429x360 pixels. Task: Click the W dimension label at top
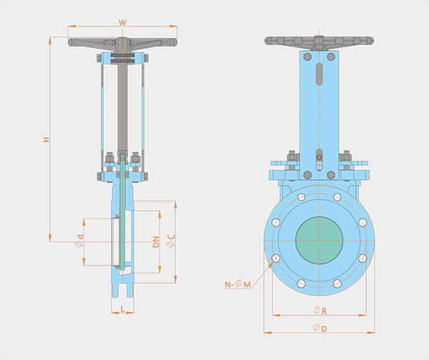pyautogui.click(x=122, y=22)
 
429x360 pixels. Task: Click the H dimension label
pyautogui.click(x=46, y=139)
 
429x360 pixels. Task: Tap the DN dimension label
pyautogui.click(x=156, y=242)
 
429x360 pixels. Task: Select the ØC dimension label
pyautogui.click(x=171, y=241)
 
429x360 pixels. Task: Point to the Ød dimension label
pyautogui.click(x=79, y=241)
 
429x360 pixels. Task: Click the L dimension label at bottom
pyautogui.click(x=122, y=309)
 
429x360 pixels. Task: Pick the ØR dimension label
pyautogui.click(x=320, y=311)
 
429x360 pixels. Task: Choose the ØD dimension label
pyautogui.click(x=320, y=328)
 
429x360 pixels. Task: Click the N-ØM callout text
pyautogui.click(x=238, y=284)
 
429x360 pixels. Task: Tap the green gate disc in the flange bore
pyautogui.click(x=320, y=241)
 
